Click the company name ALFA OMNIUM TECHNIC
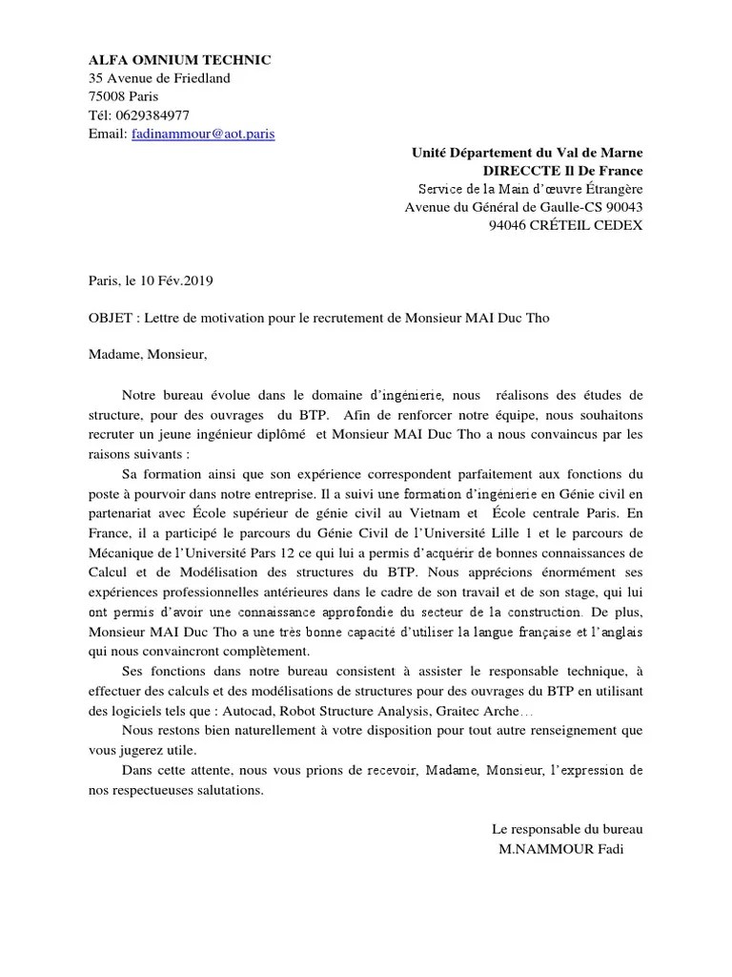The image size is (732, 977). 179,60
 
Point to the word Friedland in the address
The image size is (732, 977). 198,78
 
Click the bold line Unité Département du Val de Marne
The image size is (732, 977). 526,153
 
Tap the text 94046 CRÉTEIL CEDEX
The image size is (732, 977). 565,226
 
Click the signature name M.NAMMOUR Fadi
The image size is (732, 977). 561,850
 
